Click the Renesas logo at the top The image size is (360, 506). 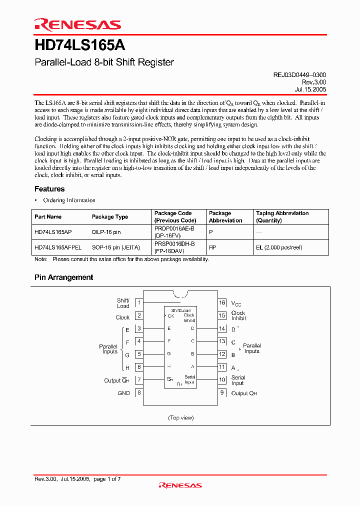77,24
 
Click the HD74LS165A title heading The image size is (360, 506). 80,45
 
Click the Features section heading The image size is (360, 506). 49,189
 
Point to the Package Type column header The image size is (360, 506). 110,217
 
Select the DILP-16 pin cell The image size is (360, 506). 106,232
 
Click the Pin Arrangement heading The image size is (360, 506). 63,277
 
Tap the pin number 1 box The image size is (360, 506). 139,302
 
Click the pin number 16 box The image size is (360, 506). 222,302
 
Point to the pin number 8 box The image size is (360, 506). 139,393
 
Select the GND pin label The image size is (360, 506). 123,393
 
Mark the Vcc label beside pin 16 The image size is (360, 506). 236,303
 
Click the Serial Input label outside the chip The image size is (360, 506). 238,380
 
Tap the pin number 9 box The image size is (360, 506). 222,393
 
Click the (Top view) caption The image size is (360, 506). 180,417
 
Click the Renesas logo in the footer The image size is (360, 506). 180,485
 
